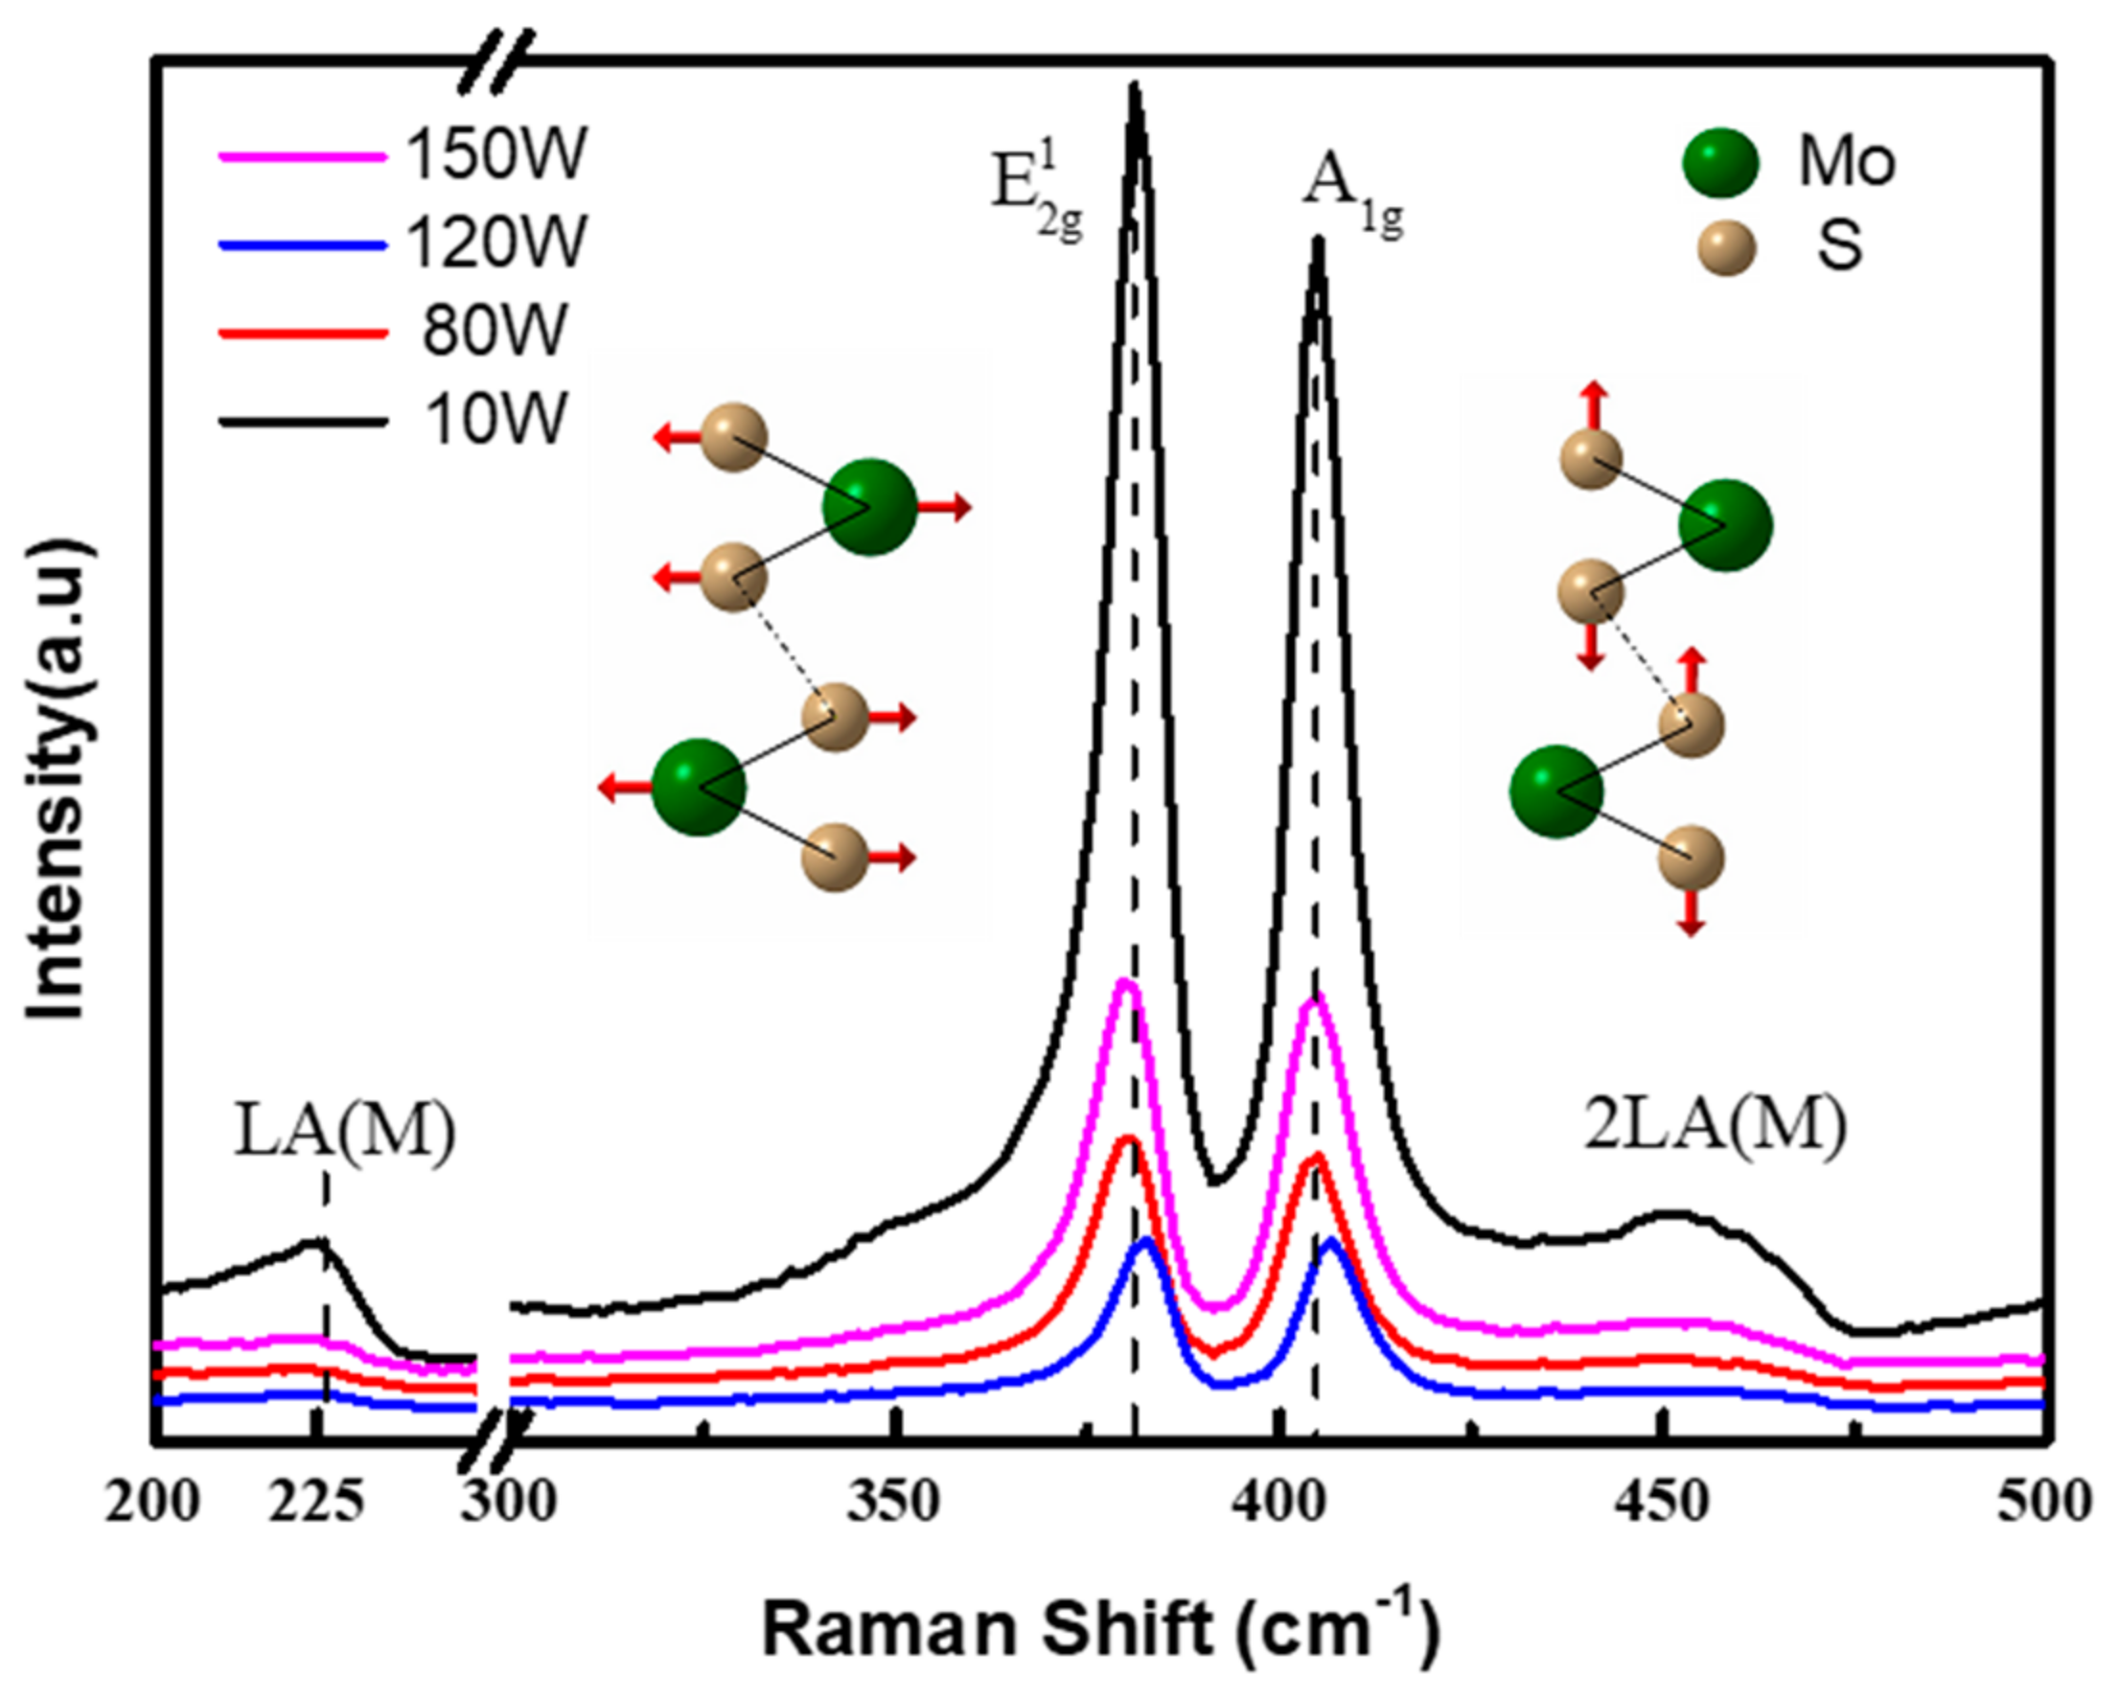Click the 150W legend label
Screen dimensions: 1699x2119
click(495, 154)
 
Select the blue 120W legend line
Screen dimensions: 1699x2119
click(302, 244)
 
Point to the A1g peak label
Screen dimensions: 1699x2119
click(1352, 196)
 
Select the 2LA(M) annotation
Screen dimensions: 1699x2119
click(1716, 1125)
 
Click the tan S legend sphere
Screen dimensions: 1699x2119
click(1726, 248)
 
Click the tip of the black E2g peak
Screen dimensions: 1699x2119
click(1134, 88)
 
